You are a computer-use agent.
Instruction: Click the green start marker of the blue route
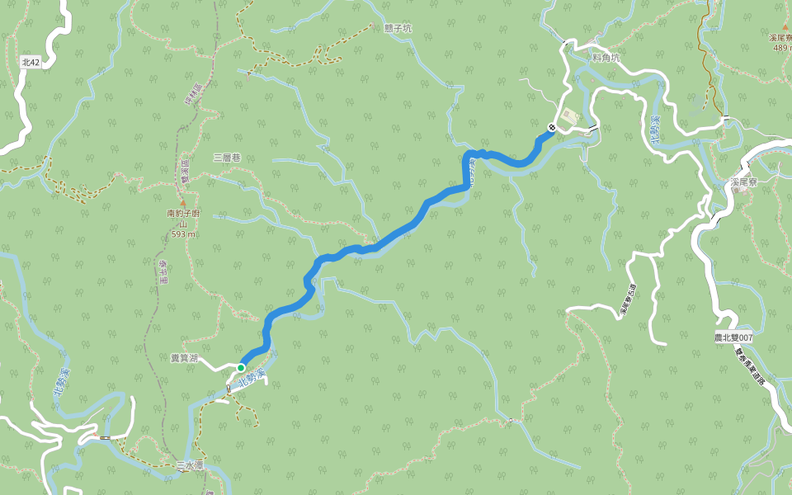click(x=241, y=367)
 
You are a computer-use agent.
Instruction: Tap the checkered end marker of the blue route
click(x=551, y=127)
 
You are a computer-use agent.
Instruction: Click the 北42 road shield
click(x=31, y=62)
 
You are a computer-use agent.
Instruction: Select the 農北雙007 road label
click(x=734, y=337)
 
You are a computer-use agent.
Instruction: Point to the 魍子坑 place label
click(x=398, y=28)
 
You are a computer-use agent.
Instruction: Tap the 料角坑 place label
click(x=606, y=57)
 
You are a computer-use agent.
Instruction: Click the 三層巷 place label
click(x=226, y=157)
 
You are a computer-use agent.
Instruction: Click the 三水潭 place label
click(x=189, y=466)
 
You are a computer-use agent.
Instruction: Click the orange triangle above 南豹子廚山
click(x=182, y=202)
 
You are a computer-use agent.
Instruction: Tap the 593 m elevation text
click(x=183, y=233)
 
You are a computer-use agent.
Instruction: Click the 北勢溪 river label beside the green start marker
click(x=252, y=379)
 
